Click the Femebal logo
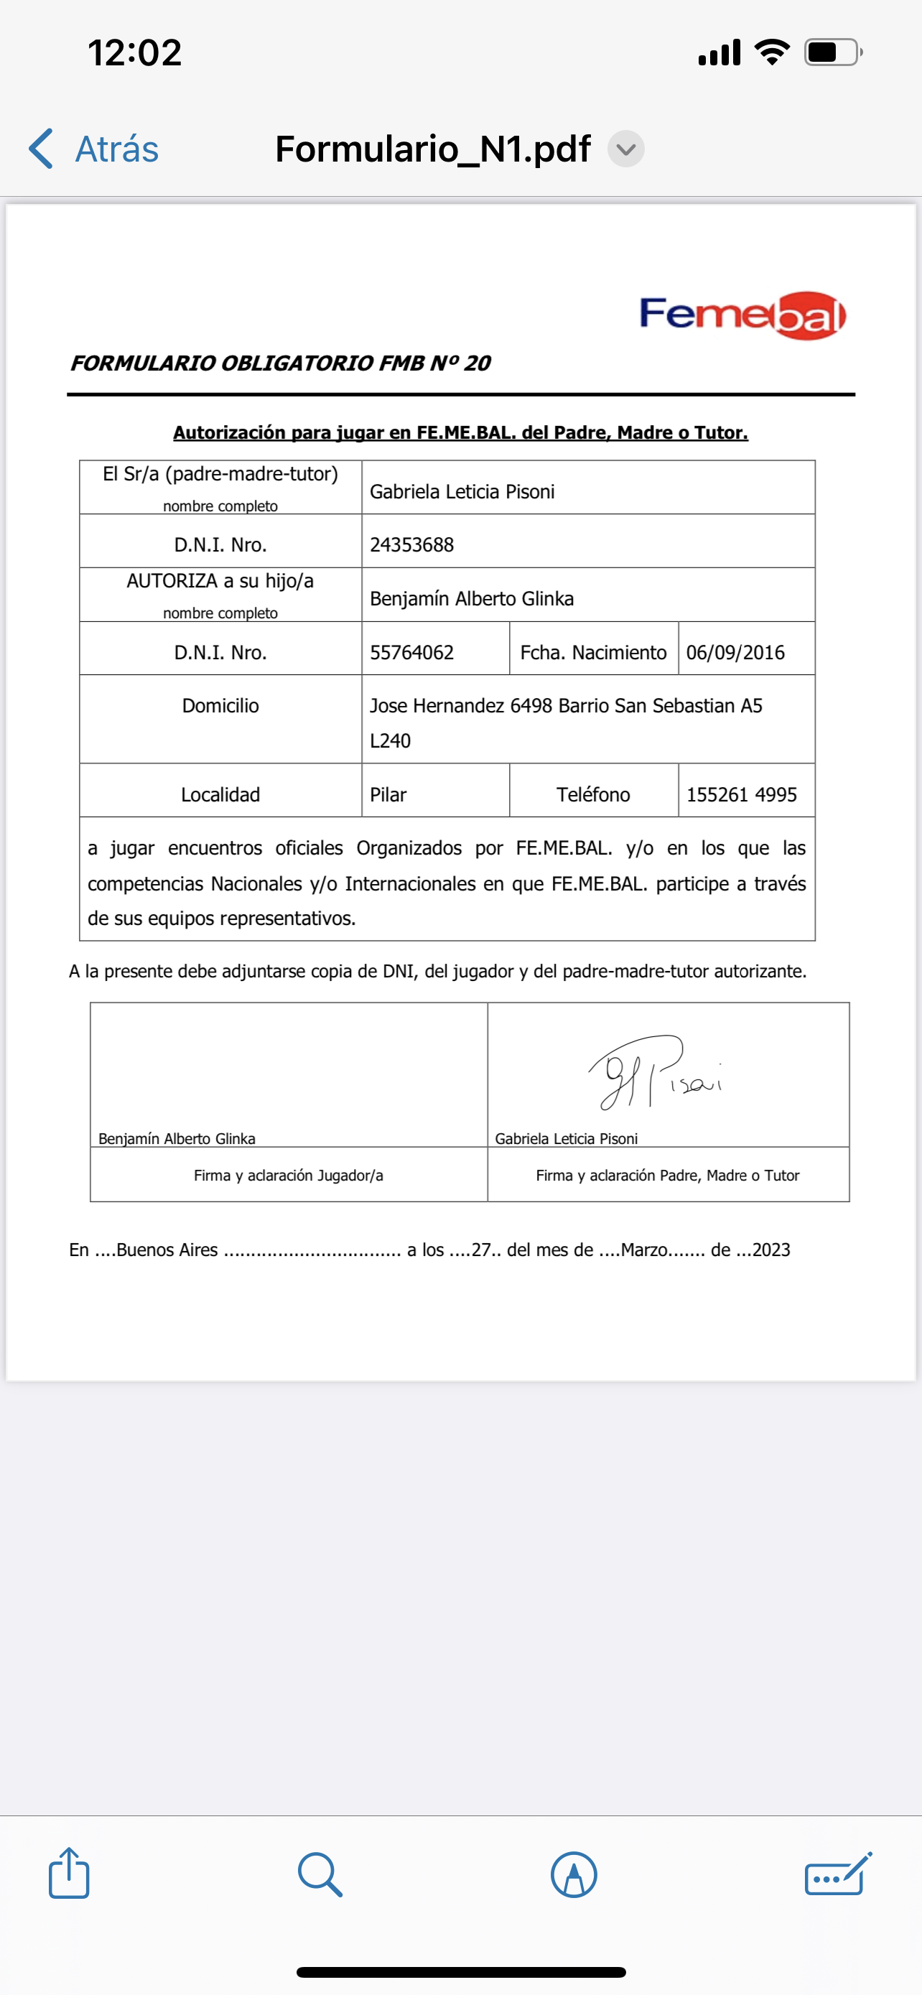click(742, 315)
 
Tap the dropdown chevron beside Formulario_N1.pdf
click(625, 149)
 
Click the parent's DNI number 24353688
click(412, 545)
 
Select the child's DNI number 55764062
click(412, 653)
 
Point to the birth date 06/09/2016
click(735, 653)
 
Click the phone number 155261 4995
click(741, 794)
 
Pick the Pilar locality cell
click(388, 794)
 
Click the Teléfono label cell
click(593, 794)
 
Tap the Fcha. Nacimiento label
click(593, 653)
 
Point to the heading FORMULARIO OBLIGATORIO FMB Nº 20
click(280, 363)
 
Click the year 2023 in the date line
click(771, 1250)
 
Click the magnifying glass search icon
click(320, 1874)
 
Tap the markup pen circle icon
click(574, 1874)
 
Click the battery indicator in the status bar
click(832, 52)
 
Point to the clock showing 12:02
click(135, 52)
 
